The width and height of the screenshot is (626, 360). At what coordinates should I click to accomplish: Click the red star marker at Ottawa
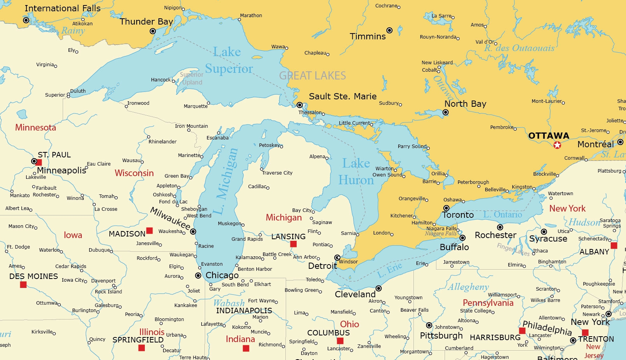point(557,145)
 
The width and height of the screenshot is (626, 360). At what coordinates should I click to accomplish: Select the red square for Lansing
point(294,244)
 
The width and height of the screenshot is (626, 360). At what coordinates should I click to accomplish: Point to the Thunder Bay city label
point(146,22)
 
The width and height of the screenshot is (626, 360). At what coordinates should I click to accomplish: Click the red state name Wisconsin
point(134,173)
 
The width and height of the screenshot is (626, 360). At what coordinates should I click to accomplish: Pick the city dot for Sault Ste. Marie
point(299,105)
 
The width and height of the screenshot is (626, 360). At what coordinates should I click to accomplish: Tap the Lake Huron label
point(356,171)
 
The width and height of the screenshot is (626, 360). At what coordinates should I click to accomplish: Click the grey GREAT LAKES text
point(312,76)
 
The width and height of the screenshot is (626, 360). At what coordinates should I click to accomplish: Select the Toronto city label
point(458,215)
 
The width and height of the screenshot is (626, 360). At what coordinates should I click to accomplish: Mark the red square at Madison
point(149,231)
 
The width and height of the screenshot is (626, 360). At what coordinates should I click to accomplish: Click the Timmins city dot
point(389,30)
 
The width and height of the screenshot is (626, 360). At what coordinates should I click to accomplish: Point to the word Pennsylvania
point(488,303)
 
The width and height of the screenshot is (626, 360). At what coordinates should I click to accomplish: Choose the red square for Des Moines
point(23,285)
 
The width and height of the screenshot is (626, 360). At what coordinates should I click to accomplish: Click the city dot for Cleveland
point(378,288)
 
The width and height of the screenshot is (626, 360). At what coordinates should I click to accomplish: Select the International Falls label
point(62,8)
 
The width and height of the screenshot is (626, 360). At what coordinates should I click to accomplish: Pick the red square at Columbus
point(340,341)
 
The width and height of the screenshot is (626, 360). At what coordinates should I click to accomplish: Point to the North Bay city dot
point(445,112)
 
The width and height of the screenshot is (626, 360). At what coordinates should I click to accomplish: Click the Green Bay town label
point(177,176)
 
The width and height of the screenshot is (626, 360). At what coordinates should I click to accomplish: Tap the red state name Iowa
point(73,235)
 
